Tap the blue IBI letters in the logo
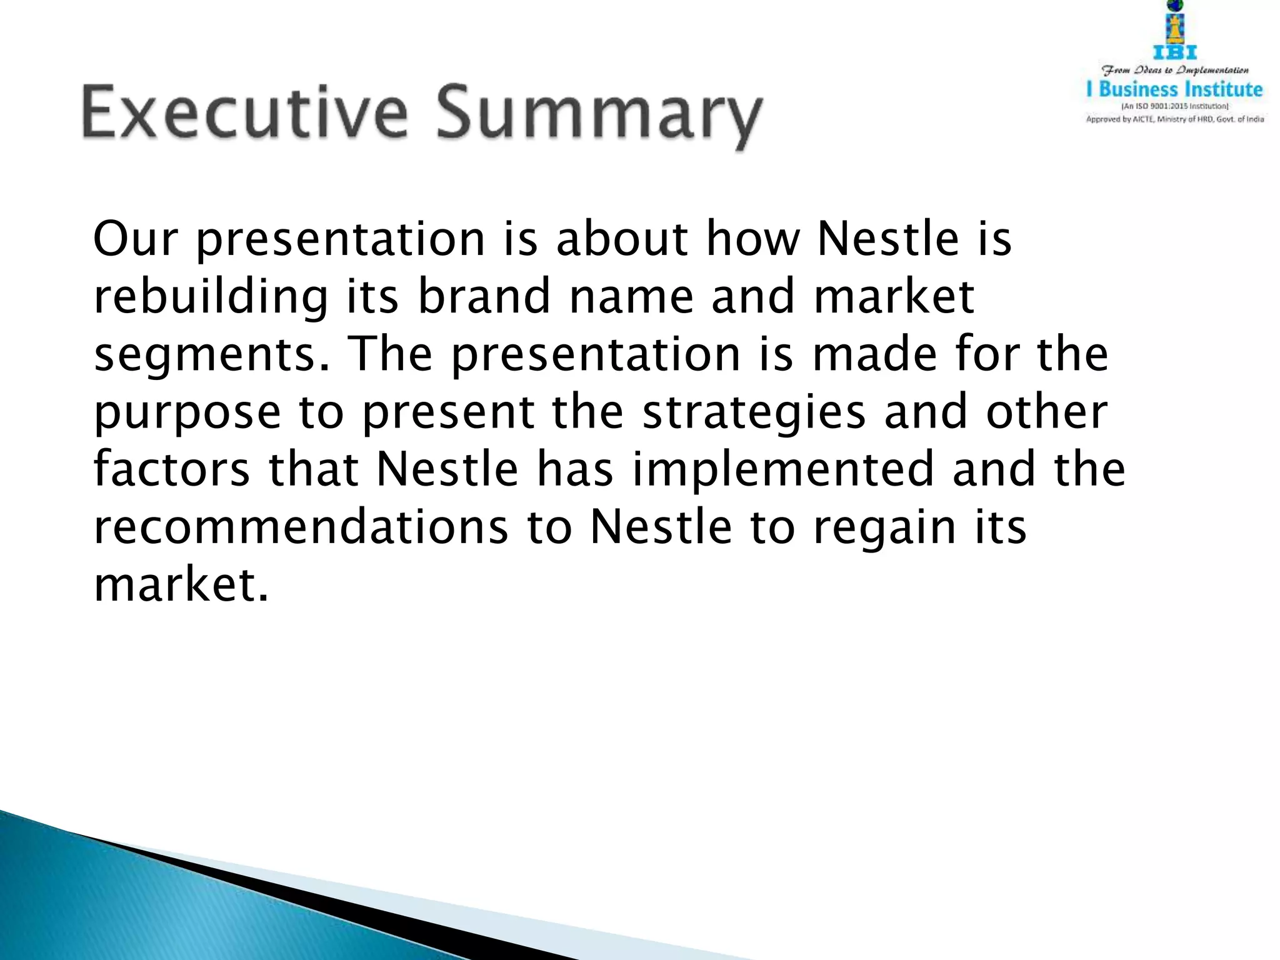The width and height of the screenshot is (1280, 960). tap(1175, 53)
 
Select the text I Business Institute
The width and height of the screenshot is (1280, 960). tap(1175, 89)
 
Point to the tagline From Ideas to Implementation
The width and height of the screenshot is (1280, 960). tap(1175, 70)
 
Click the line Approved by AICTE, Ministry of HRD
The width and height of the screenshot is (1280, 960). tap(1175, 119)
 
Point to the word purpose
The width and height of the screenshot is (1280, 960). tap(187, 413)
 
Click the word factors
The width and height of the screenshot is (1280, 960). tap(172, 469)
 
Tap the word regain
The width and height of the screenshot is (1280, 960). tap(884, 528)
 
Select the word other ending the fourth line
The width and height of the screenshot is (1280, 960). tap(1046, 412)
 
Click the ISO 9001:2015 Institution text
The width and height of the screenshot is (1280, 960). tap(1175, 106)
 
